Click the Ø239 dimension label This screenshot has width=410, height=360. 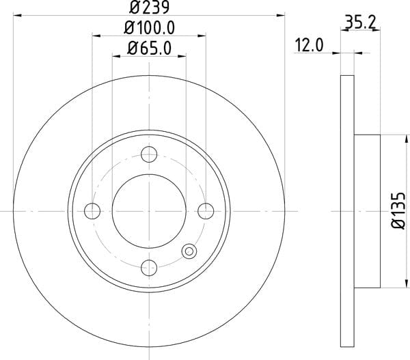(150, 8)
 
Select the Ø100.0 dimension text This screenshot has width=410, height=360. (149, 28)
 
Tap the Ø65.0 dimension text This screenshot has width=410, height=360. (149, 49)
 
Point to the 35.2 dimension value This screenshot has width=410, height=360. (360, 23)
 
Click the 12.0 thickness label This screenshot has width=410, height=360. (310, 45)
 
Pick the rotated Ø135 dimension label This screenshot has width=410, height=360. (398, 211)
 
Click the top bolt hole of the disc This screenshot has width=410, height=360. (149, 154)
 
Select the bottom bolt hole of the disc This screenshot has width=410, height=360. (149, 268)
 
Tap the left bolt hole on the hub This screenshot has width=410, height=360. (92, 211)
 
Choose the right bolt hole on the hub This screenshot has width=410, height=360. (206, 211)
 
